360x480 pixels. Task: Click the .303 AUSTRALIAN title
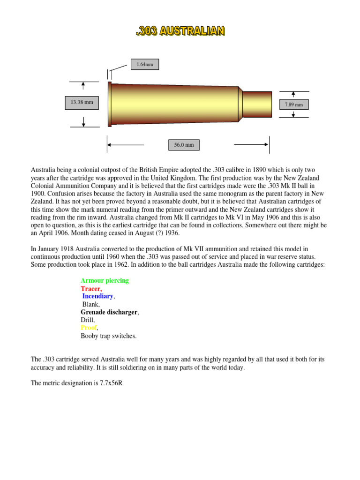180,31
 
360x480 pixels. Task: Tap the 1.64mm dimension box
145,64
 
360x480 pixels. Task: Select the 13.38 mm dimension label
82,103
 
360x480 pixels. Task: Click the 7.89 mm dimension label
294,105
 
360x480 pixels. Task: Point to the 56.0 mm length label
184,145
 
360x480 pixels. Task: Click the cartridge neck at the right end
257,104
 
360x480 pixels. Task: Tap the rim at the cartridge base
110,104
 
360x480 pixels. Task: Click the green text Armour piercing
105,281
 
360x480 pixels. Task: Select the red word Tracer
91,289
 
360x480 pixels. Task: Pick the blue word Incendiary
98,297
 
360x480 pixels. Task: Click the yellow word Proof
88,328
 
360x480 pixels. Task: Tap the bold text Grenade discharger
109,312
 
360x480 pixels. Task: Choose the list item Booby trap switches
109,336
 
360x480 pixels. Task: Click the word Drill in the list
88,320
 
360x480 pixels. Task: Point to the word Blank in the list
91,305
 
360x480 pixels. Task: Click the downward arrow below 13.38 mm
83,122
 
